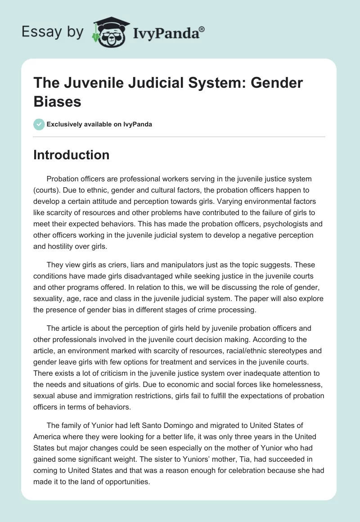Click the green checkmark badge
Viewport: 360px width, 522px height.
(39, 124)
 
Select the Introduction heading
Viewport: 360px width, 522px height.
(71, 155)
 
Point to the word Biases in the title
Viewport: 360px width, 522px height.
(57, 102)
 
